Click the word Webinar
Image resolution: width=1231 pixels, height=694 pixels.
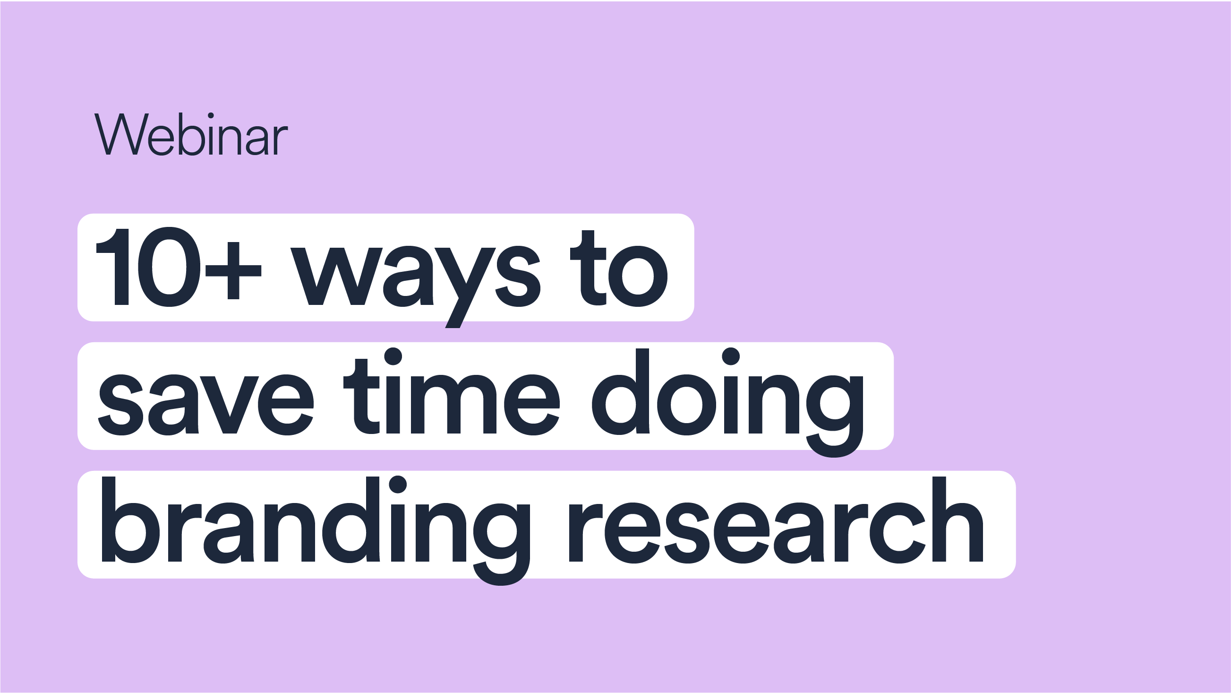[x=191, y=134]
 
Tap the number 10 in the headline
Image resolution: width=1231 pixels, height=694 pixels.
[x=148, y=267]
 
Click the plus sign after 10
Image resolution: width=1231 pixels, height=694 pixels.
[x=233, y=271]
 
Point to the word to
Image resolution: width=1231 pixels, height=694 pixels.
[x=618, y=269]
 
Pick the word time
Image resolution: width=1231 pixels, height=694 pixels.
[x=451, y=397]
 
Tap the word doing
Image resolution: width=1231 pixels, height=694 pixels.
[x=727, y=403]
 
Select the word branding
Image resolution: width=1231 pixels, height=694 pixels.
[x=316, y=531]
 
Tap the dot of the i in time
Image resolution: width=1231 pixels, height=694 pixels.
[x=393, y=356]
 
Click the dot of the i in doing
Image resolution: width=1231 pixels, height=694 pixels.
[x=731, y=356]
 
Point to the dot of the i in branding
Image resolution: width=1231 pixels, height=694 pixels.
[x=398, y=485]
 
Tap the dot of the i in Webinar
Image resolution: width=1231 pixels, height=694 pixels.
[x=211, y=115]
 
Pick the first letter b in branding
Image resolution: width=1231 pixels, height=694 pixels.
[x=130, y=520]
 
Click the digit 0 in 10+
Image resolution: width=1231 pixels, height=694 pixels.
[x=169, y=267]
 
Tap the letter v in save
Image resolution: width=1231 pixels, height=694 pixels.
[x=230, y=405]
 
